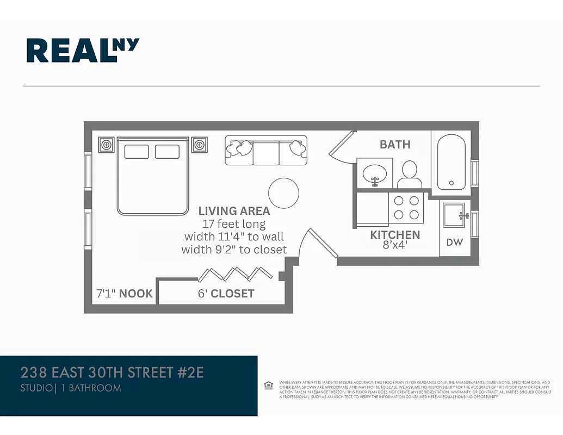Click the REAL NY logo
click(x=83, y=50)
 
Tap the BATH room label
click(x=395, y=145)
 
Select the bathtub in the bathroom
click(x=451, y=162)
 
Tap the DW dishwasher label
click(x=454, y=243)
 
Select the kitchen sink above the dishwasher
click(x=454, y=215)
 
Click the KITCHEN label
click(x=395, y=235)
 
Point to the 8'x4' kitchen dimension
click(x=395, y=245)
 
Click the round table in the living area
click(x=283, y=193)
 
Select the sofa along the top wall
click(x=266, y=150)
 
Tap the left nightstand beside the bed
click(x=107, y=145)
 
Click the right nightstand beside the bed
click(x=200, y=145)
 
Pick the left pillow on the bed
click(x=137, y=152)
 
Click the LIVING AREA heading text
click(x=234, y=211)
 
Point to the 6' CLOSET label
click(x=225, y=294)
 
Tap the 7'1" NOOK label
click(x=125, y=294)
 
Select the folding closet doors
click(x=235, y=273)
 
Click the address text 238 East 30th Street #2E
click(x=112, y=373)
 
